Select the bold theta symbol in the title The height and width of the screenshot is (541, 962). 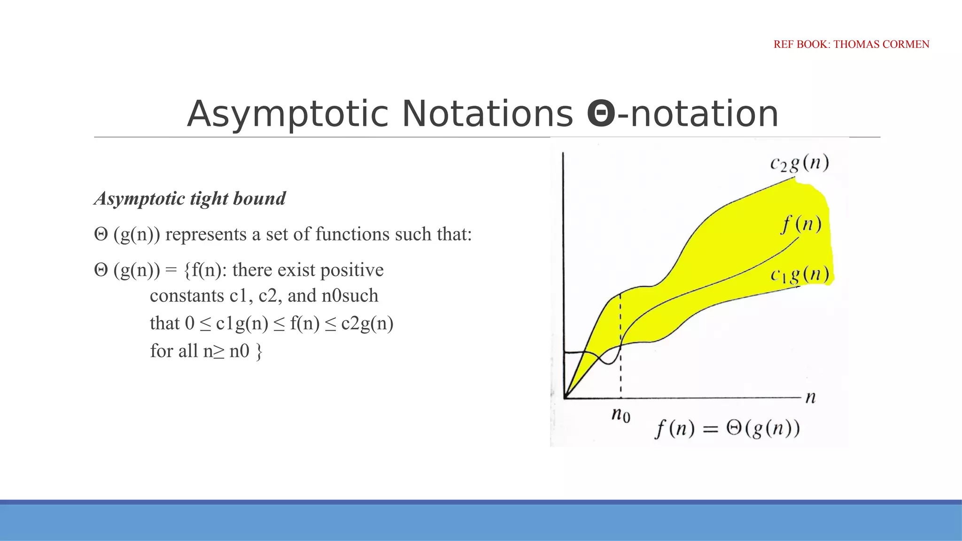point(601,114)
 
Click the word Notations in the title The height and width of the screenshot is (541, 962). point(488,114)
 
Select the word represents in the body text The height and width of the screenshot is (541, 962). point(206,234)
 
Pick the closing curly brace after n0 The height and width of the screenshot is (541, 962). point(259,351)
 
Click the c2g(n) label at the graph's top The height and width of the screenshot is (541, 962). point(799,163)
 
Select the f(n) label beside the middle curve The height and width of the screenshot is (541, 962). point(801,224)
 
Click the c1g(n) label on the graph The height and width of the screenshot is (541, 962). point(799,274)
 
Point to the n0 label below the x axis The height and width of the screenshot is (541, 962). point(621,415)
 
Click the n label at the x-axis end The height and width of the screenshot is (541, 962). point(811,398)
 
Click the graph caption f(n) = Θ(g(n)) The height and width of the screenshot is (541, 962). point(728,429)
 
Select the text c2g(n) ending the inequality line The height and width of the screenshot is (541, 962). point(367,324)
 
